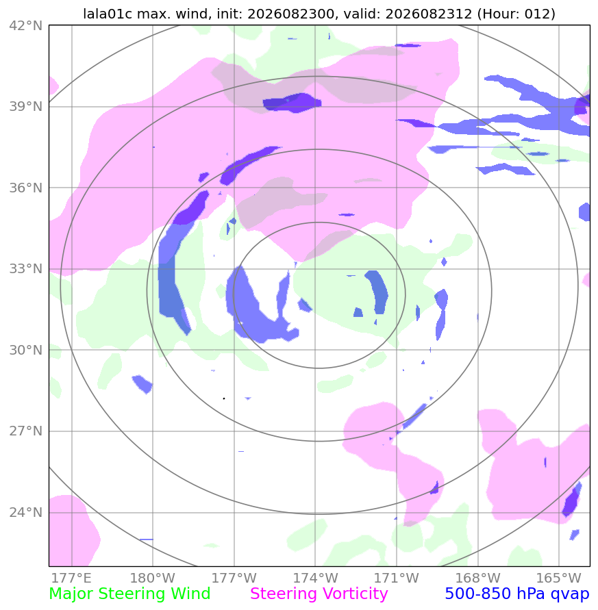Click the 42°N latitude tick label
point(26,26)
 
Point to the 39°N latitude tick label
point(26,107)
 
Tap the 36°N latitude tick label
point(26,188)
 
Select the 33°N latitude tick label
point(26,269)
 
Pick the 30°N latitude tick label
point(26,350)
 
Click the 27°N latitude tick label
point(26,431)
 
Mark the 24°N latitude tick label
point(26,512)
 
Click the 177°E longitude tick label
point(71,578)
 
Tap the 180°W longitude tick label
point(153,578)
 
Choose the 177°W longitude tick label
point(234,578)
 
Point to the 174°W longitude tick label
point(315,578)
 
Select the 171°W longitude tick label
point(397,578)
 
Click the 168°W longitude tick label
point(477,578)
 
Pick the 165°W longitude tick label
point(559,578)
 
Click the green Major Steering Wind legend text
point(129,594)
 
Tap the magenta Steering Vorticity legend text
point(319,594)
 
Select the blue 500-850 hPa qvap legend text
point(517,594)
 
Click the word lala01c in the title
point(108,14)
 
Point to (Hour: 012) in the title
point(516,14)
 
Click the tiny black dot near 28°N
point(224,398)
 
